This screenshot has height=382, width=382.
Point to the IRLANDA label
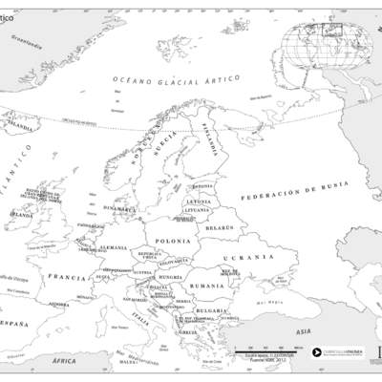coord(20,215)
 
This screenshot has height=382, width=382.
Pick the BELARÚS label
coord(220,228)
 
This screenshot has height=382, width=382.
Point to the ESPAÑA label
coord(13,325)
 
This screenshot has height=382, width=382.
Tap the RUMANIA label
coord(207,286)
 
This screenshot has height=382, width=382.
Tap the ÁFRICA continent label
coord(64,361)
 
